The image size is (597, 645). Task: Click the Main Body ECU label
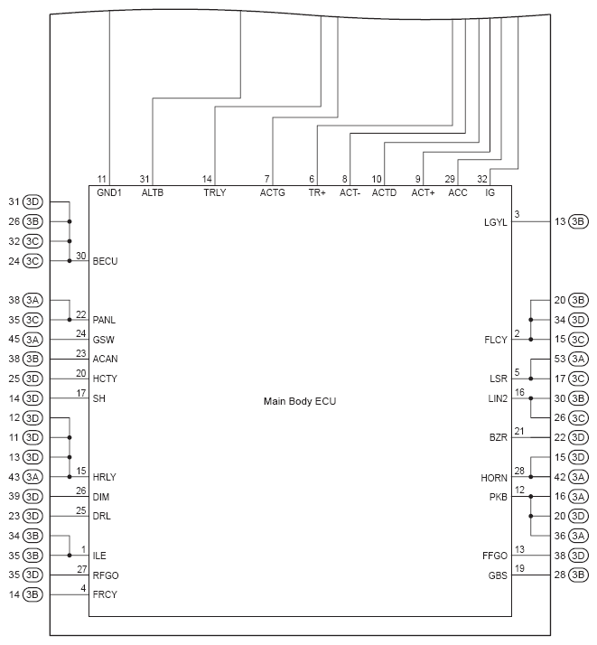[299, 400]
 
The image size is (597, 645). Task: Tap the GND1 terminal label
[108, 192]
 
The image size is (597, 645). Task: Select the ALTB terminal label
[152, 192]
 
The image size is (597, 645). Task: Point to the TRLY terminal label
[215, 192]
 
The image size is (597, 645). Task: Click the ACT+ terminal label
[423, 192]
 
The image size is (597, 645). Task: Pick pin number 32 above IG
[482, 179]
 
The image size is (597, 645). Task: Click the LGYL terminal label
[496, 221]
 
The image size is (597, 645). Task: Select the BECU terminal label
[106, 261]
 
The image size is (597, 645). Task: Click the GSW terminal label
[104, 340]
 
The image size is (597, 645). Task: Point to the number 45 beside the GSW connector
[14, 340]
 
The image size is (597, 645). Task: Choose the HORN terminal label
[494, 477]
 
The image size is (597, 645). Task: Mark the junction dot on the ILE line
[70, 556]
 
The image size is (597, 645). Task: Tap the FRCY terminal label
[105, 594]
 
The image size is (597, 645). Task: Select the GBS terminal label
[498, 575]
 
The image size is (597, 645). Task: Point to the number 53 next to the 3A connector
[560, 359]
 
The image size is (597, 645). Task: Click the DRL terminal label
[102, 517]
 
